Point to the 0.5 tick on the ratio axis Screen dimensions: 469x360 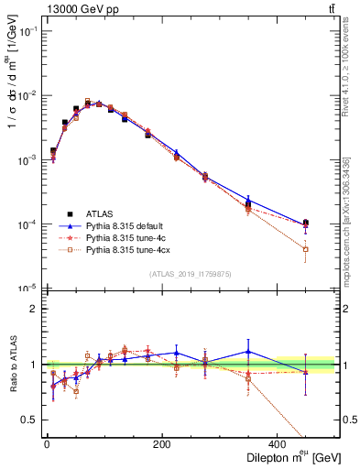tap(30, 420)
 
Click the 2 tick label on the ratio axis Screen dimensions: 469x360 tap(34, 309)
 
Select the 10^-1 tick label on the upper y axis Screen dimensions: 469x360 tap(27, 32)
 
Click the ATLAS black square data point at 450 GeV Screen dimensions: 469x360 tap(305, 223)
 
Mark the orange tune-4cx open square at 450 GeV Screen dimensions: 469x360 tap(305, 249)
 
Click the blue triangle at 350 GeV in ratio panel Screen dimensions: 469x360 tap(247, 352)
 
